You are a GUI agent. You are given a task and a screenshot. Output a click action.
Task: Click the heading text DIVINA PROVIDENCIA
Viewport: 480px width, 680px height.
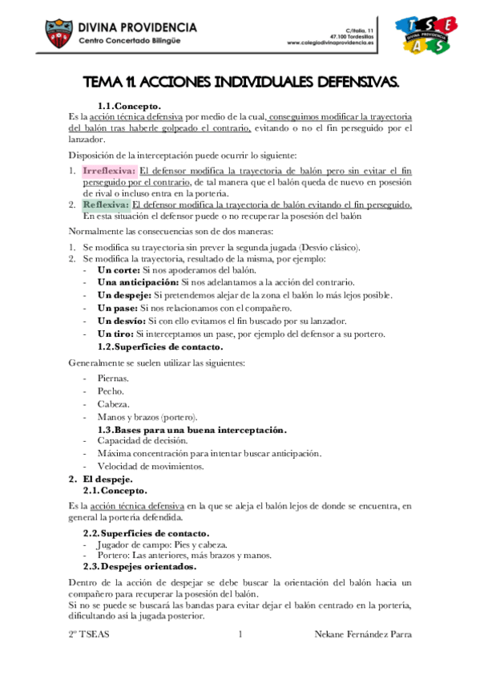point(137,27)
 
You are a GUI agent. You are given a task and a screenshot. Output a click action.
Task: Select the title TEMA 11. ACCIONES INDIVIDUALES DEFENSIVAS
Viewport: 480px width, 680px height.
point(241,83)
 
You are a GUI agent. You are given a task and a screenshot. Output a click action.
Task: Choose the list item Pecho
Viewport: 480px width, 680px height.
point(111,391)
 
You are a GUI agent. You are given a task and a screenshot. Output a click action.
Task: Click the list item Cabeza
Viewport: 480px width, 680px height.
point(113,404)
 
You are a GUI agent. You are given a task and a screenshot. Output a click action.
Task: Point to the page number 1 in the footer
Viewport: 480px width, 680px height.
point(240,634)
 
